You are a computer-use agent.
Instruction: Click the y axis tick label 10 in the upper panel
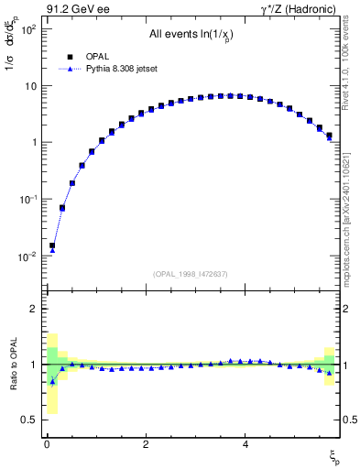pyautogui.click(x=29, y=86)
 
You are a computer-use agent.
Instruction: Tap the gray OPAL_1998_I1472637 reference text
pyautogui.click(x=191, y=274)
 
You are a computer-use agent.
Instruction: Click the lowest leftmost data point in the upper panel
pyautogui.click(x=52, y=246)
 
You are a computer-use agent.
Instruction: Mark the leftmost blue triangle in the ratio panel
pyautogui.click(x=52, y=381)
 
